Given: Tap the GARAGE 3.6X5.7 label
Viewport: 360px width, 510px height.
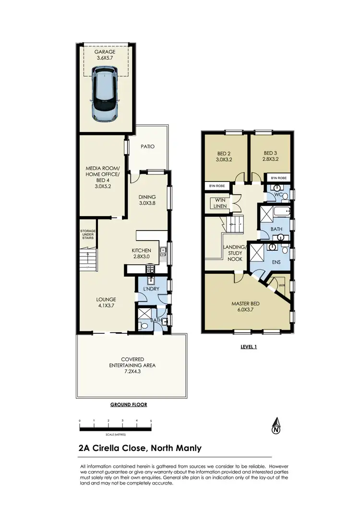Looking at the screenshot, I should (x=105, y=54).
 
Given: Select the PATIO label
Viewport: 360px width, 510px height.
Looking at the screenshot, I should (x=147, y=146).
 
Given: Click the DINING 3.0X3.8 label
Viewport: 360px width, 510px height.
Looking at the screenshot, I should (x=147, y=199).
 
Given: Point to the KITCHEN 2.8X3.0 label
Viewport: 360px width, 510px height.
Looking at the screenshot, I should (x=142, y=253).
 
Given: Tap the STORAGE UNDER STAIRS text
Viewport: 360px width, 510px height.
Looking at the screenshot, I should (x=88, y=236).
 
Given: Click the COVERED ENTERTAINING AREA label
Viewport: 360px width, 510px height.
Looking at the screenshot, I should (x=132, y=362).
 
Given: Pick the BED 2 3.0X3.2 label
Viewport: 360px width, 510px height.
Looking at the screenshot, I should (x=224, y=157).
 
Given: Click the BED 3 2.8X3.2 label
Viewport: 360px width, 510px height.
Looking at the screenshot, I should (x=270, y=157).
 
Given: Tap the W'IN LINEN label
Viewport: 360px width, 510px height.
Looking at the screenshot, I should (x=220, y=203).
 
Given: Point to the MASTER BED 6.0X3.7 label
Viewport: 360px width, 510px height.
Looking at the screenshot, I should (x=245, y=306).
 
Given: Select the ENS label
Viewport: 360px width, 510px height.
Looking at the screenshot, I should (x=276, y=263).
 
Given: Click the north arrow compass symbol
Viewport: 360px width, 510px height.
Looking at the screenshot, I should (x=276, y=426).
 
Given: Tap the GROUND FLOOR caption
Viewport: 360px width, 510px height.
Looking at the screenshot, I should (x=128, y=404).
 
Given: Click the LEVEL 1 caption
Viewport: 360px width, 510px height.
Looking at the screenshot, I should (x=248, y=346).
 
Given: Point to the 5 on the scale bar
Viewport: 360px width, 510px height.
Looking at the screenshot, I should (x=151, y=421).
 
